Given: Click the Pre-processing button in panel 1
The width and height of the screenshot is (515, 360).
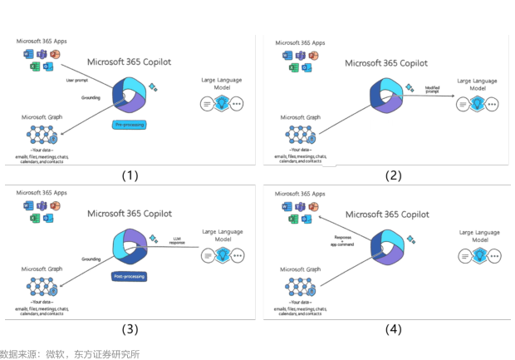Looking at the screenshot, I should [x=130, y=125].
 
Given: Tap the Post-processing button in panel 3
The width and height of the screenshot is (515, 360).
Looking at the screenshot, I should [x=130, y=276].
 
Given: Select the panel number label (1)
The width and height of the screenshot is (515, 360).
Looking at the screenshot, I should [x=130, y=175].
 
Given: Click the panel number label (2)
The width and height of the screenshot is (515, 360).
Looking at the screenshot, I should [x=393, y=175].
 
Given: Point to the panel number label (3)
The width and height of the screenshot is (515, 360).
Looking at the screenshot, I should [x=130, y=328].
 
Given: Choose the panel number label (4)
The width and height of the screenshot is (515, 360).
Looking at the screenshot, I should [x=393, y=328].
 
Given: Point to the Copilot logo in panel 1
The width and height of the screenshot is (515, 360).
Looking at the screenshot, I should [x=130, y=94].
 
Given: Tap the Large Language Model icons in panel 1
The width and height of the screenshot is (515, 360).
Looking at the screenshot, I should [x=223, y=104].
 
